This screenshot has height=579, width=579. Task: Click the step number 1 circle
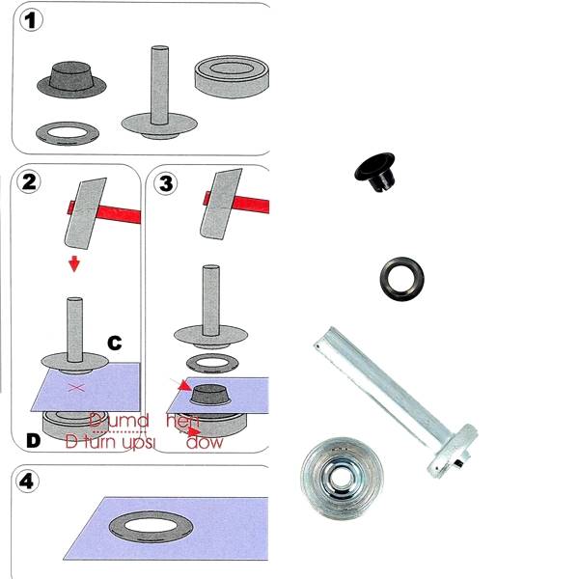(x=34, y=21)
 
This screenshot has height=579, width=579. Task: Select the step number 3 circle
(x=166, y=182)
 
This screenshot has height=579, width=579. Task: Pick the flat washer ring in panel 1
(x=65, y=131)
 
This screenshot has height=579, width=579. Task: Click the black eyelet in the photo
(x=372, y=171)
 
